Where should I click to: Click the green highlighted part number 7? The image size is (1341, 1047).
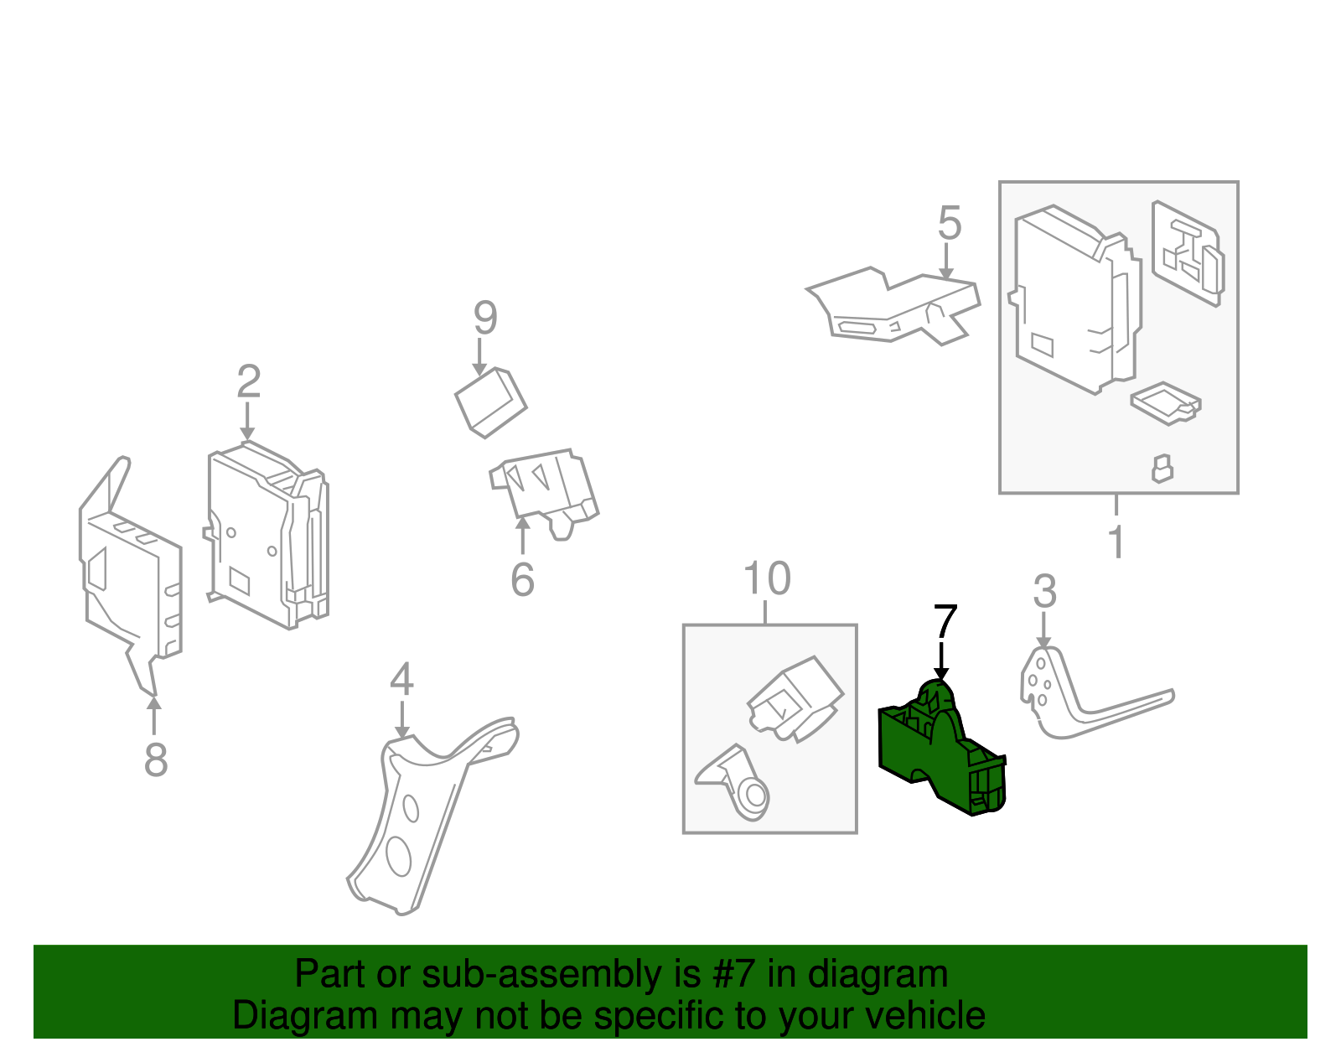(939, 754)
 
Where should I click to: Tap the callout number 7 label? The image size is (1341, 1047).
(945, 622)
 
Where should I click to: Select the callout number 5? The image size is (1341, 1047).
(949, 223)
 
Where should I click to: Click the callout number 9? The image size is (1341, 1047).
(485, 318)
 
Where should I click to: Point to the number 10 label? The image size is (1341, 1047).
(766, 578)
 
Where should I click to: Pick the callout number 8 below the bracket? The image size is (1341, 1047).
(156, 759)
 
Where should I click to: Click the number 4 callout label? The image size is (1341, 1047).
(401, 679)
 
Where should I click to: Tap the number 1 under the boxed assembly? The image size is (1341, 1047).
(1116, 542)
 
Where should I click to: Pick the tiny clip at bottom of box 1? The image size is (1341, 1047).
(1162, 469)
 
